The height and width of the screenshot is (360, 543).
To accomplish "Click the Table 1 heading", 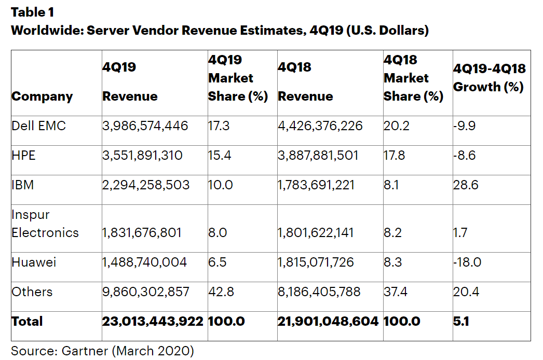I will tap(32, 12).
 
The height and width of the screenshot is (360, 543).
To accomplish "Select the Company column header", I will tap(42, 96).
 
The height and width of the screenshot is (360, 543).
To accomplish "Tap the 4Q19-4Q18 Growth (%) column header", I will tap(488, 78).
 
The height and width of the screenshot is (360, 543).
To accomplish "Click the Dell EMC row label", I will tap(38, 126).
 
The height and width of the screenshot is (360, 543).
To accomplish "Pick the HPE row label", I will tap(23, 155).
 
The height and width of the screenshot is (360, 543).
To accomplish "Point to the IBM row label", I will tap(23, 184).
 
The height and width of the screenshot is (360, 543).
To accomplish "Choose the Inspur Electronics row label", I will tap(45, 224).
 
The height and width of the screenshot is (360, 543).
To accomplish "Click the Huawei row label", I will tap(34, 262).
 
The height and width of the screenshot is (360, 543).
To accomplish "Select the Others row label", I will tap(32, 292).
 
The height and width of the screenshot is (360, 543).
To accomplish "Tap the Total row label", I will tap(27, 322).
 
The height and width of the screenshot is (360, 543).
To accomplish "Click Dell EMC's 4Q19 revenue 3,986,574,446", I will tap(145, 126).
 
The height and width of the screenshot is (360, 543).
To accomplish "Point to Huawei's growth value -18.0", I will tap(467, 262).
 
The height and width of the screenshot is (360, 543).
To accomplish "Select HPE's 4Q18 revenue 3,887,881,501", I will tap(318, 155).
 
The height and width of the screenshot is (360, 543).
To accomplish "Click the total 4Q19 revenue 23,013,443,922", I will tap(153, 322).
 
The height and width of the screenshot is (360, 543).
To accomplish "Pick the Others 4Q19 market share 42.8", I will tap(220, 292).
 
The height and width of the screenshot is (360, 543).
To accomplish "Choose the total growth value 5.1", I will tap(461, 322).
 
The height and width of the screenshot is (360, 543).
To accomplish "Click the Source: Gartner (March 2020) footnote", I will tap(102, 351).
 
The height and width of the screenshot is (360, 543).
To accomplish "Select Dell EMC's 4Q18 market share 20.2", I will tap(395, 126).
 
